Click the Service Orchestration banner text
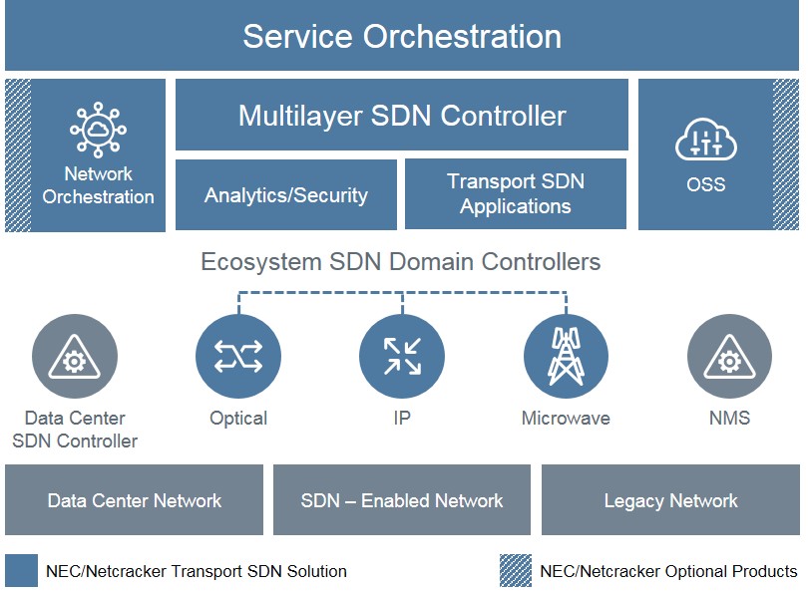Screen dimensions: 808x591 click(402, 36)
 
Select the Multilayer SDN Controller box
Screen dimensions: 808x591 click(402, 115)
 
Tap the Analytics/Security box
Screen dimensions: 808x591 click(286, 194)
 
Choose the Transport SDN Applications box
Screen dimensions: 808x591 click(516, 193)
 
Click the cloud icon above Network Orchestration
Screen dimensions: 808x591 click(98, 130)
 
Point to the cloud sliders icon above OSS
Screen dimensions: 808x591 click(706, 140)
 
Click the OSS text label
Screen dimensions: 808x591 click(706, 184)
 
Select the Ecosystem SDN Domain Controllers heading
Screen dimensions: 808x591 click(400, 261)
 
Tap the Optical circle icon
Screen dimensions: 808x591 click(238, 356)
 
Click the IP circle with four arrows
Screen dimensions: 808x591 click(402, 356)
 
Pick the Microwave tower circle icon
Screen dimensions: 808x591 click(566, 356)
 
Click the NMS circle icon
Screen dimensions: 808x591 click(729, 356)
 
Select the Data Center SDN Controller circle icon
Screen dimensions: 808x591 click(75, 356)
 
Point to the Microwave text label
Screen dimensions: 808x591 click(566, 418)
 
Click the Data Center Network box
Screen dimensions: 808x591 click(134, 500)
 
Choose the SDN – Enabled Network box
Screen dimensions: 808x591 click(402, 500)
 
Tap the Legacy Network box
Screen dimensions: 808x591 click(670, 500)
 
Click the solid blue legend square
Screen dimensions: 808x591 click(21, 570)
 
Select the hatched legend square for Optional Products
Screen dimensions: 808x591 click(516, 570)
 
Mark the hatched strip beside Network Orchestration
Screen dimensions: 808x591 click(18, 154)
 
